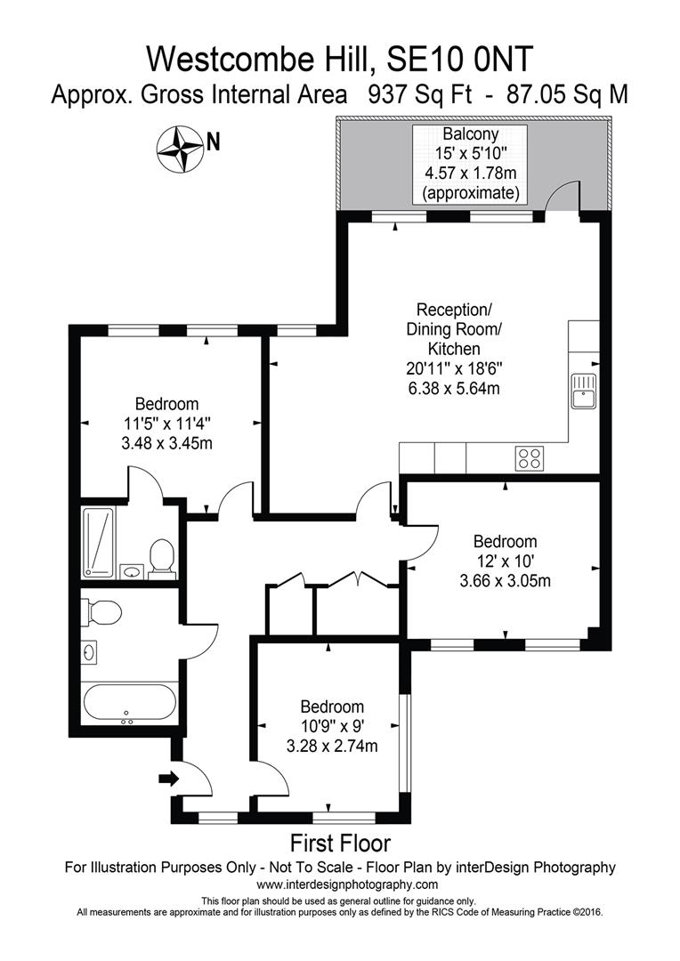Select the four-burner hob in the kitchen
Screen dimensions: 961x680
(x=529, y=458)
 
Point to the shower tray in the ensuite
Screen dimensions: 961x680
(x=99, y=542)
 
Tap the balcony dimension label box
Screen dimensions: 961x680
(x=469, y=164)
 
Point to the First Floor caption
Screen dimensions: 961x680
(x=340, y=842)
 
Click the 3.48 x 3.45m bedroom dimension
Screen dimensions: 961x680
(x=167, y=442)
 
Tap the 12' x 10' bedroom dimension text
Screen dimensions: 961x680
(x=505, y=561)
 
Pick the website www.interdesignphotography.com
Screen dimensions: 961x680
(x=347, y=884)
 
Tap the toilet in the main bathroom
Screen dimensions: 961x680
(x=101, y=613)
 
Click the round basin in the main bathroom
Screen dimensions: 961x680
(x=90, y=652)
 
